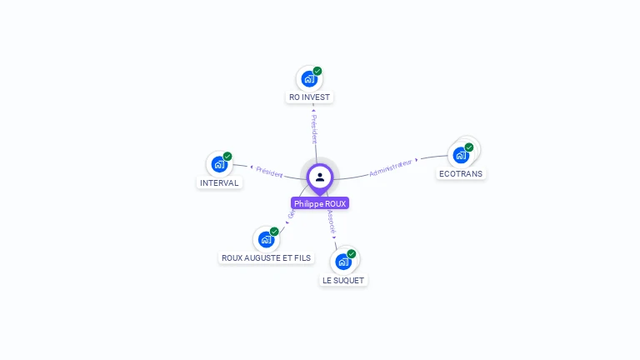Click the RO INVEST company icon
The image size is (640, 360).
309,79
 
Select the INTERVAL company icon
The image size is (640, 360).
219,164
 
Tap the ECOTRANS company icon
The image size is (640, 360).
461,155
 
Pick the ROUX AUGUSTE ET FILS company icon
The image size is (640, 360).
266,239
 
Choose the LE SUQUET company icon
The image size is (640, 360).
342,262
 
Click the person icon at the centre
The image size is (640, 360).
320,177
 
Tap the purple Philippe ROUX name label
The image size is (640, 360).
320,203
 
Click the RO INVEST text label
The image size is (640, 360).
309,97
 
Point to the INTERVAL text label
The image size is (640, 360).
219,182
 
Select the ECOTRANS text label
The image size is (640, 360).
461,174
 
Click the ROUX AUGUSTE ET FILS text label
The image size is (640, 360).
266,258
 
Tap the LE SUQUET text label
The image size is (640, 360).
343,281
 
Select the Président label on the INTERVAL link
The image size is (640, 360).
269,171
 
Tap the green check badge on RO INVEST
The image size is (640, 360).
317,71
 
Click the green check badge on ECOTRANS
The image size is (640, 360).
469,147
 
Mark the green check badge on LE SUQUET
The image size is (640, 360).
351,253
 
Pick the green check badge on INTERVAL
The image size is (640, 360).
227,156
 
